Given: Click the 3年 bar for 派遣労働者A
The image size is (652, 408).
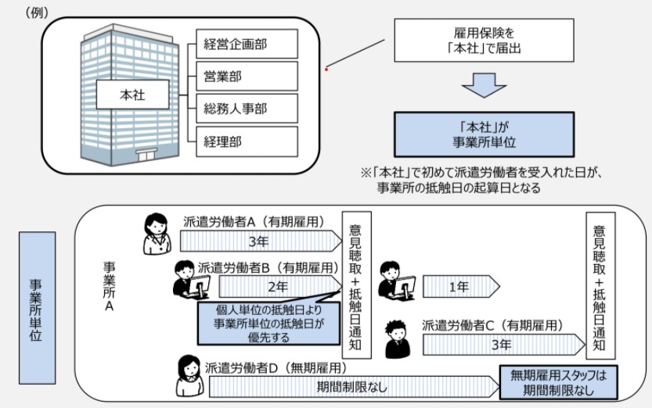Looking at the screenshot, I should tap(258, 241).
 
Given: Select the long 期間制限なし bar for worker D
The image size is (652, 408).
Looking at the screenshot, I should tap(352, 386).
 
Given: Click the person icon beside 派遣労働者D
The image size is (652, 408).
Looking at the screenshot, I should tap(189, 375).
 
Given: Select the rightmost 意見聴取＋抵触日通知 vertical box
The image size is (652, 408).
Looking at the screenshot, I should tap(600, 285).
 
